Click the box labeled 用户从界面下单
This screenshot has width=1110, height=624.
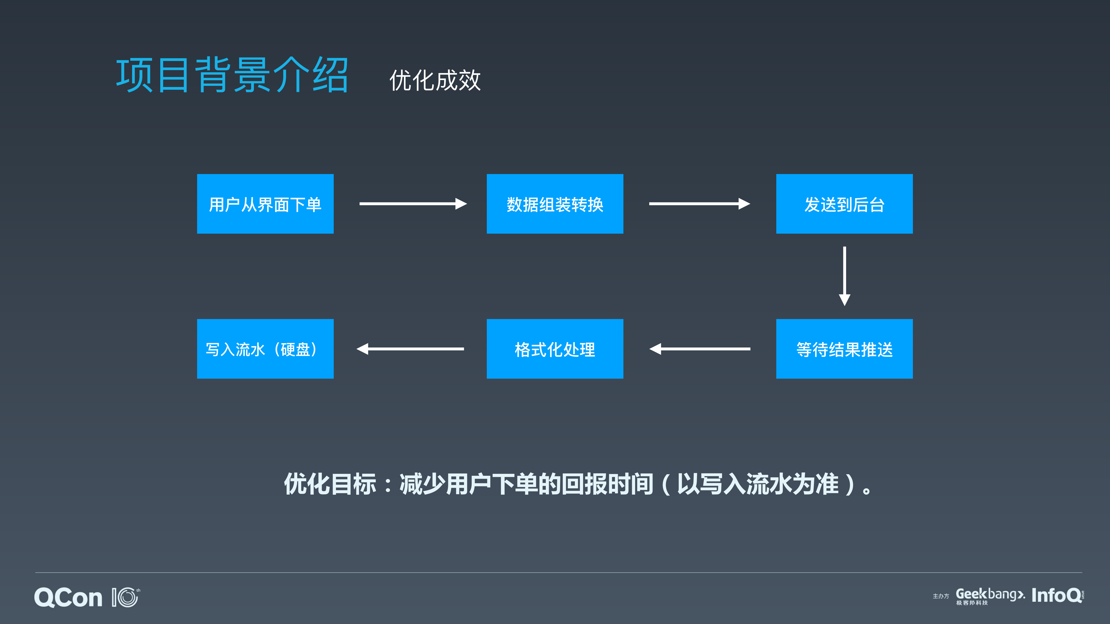click(x=265, y=204)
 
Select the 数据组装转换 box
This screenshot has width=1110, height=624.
click(x=555, y=204)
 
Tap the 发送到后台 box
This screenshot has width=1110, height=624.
click(x=844, y=204)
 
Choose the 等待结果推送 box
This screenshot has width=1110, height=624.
click(x=844, y=349)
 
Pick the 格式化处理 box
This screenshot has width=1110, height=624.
click(x=555, y=349)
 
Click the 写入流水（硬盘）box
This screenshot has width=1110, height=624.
click(x=265, y=349)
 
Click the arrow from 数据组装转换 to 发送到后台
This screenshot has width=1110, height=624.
click(x=699, y=204)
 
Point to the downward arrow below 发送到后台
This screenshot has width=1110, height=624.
click(x=844, y=276)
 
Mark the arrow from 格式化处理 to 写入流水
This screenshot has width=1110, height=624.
click(x=410, y=349)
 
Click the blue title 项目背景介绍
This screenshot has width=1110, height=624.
click(x=232, y=75)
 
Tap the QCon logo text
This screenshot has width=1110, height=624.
click(x=68, y=598)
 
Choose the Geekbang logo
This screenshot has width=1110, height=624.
click(x=989, y=595)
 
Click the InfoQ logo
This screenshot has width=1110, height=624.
click(x=1057, y=595)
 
